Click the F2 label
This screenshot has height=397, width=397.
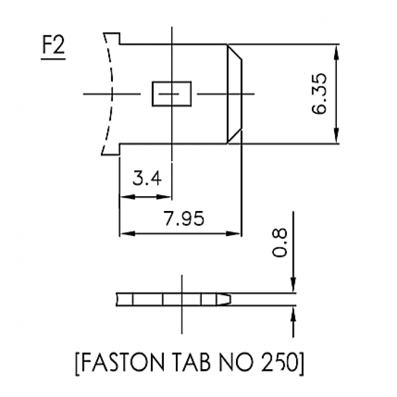(x=53, y=47)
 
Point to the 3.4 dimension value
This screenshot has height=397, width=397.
(x=147, y=179)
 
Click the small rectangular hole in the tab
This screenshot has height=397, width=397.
(x=171, y=94)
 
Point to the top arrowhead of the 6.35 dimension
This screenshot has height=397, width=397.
(x=337, y=50)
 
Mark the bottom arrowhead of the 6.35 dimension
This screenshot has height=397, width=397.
(x=337, y=138)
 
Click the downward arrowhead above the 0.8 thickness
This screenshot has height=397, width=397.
(x=293, y=287)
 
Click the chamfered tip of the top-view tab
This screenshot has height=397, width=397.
(x=234, y=94)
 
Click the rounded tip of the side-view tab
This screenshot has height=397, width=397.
(x=225, y=299)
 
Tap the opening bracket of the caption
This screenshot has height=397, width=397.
(x=78, y=363)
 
